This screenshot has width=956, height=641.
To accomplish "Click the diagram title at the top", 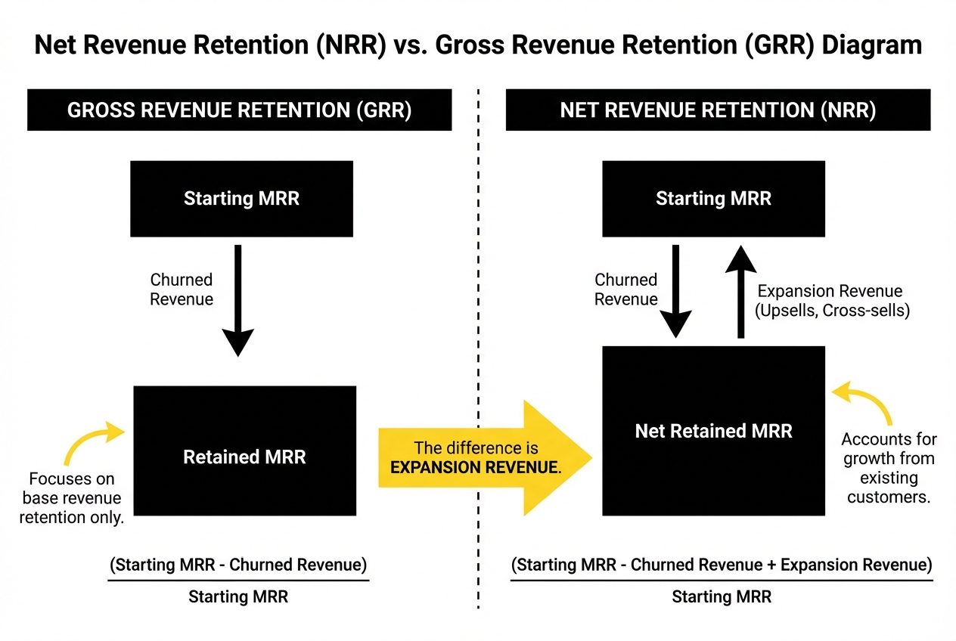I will coord(478,45).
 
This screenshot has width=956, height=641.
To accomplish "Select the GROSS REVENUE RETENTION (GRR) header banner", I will coord(239,110).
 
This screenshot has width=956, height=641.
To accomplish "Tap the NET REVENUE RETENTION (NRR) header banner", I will coord(718,110).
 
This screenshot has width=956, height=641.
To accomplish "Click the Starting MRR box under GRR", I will coord(241,199).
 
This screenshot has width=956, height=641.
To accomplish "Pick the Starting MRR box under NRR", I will coord(713,199).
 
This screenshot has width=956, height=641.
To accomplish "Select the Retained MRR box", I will coord(244,457).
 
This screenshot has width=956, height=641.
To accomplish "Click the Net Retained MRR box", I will coord(713,431).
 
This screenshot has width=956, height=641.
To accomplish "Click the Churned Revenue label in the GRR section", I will coord(182,290).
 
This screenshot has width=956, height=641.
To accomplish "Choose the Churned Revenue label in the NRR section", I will coord(625,290).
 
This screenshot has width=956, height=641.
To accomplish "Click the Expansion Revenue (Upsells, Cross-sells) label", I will coord(833,300).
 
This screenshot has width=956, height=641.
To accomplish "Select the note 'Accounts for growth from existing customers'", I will coord(889,468).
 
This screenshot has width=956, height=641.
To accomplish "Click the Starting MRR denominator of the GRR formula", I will coord(238,597).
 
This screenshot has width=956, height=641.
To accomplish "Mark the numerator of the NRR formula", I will coord(722,565).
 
